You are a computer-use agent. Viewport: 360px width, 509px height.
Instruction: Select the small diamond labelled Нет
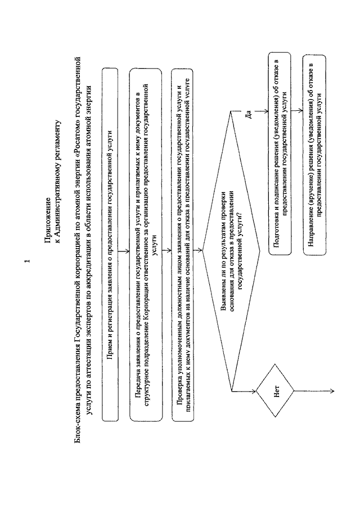(275, 390)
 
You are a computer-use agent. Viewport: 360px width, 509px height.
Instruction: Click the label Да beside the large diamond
(249, 115)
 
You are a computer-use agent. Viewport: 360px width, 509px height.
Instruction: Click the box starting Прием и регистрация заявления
(110, 244)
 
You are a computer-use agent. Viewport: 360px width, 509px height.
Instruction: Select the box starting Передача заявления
(146, 245)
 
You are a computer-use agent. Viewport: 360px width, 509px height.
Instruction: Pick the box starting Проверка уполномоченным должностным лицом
(182, 245)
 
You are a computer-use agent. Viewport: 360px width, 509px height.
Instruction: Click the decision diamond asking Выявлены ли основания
(231, 250)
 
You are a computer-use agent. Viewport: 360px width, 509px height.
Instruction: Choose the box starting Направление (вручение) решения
(315, 155)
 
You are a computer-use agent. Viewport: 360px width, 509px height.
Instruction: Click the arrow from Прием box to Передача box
(124, 251)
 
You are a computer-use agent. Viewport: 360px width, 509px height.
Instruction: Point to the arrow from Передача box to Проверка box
(166, 251)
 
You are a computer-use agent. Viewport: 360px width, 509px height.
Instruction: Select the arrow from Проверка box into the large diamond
(198, 250)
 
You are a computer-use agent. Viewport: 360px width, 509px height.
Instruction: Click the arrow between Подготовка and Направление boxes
(297, 111)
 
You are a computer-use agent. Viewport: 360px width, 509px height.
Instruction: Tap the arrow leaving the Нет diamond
(314, 391)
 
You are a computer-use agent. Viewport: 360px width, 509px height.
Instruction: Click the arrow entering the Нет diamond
(244, 391)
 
